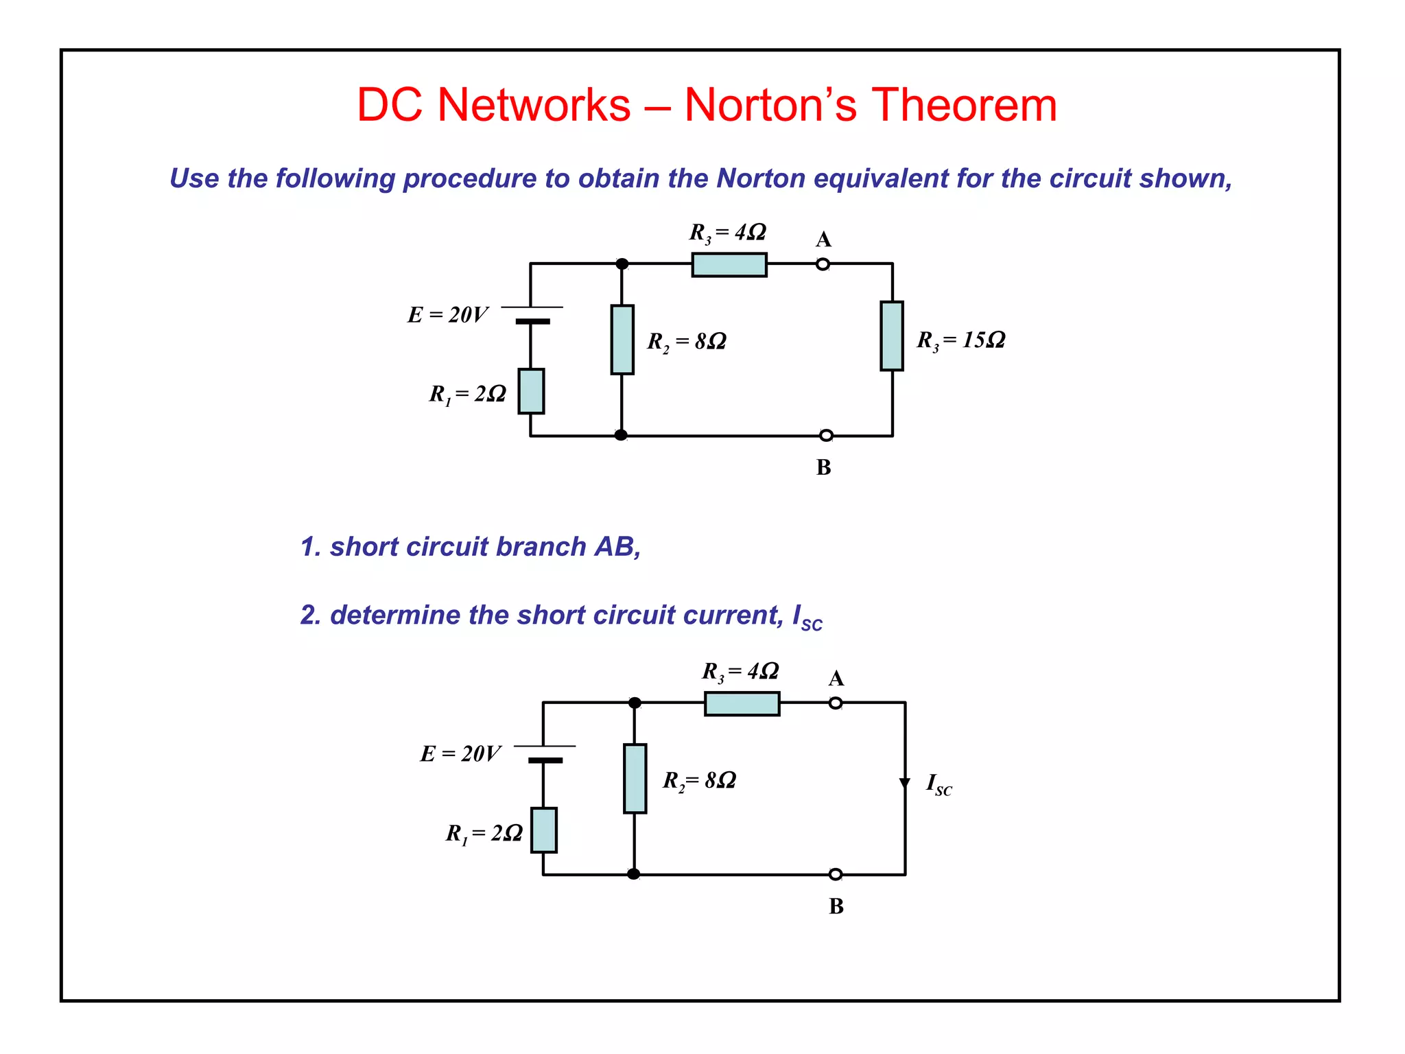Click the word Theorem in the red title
coord(964,106)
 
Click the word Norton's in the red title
coord(770,106)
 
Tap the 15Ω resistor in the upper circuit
coord(892,336)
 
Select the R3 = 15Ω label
coord(961,340)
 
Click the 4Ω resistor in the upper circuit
coord(729,265)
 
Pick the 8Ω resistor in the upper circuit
coord(622,340)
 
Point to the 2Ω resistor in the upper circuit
coord(531,391)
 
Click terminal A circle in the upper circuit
coord(823,264)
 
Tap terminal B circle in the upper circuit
coord(827,436)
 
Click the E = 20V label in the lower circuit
coord(460,754)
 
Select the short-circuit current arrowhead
coord(905,784)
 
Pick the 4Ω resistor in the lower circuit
coord(742,704)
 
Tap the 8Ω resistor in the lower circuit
coord(635,779)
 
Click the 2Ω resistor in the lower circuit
coord(544,830)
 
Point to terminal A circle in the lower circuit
coord(836,703)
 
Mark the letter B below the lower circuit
coord(836,906)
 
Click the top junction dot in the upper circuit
coord(622,264)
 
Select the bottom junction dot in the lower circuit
coord(634,874)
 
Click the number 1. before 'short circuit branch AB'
coord(311,547)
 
